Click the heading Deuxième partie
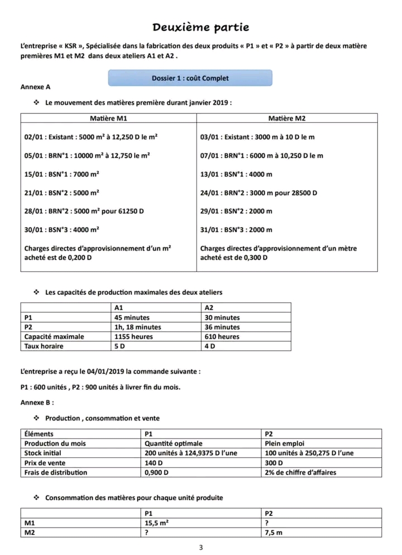(x=201, y=27)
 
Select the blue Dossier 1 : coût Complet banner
(x=190, y=78)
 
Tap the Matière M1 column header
(x=108, y=118)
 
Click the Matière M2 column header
(x=287, y=118)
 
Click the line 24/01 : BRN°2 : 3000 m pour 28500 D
(x=259, y=193)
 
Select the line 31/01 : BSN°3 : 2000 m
(x=236, y=229)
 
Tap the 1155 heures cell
(x=132, y=337)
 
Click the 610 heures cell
(x=222, y=337)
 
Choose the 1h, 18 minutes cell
(x=137, y=327)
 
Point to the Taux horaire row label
(x=44, y=346)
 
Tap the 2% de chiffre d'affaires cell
(x=300, y=472)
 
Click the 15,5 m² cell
(x=157, y=523)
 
